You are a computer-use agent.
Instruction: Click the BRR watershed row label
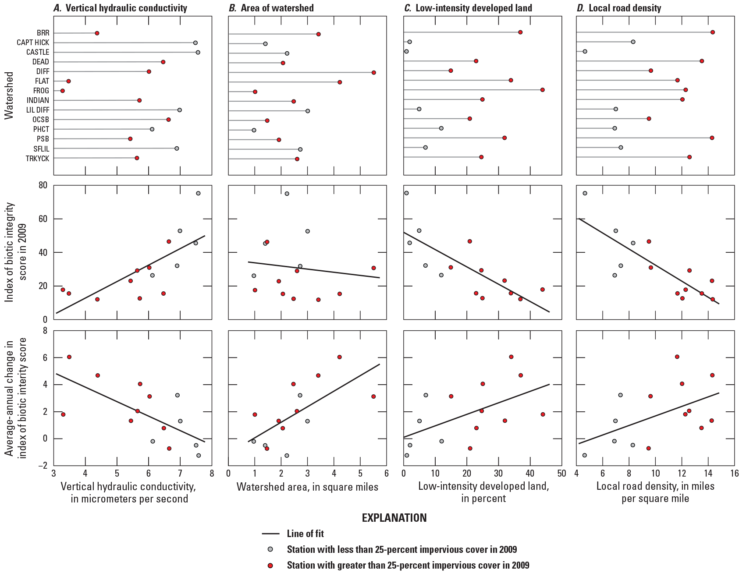(43, 33)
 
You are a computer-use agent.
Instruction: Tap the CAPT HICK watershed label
(33, 43)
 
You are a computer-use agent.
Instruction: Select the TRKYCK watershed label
(37, 159)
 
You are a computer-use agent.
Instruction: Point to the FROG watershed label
(41, 91)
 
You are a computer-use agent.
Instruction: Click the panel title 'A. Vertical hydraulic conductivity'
(120, 8)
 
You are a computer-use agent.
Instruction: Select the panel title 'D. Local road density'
(618, 8)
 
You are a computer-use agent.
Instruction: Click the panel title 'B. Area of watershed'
(271, 8)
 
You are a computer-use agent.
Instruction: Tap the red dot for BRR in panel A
(97, 33)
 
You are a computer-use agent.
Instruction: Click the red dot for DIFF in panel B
(373, 73)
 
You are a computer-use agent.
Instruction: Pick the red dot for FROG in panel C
(542, 90)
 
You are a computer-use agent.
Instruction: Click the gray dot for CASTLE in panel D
(585, 52)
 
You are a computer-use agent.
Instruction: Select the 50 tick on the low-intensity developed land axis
(561, 474)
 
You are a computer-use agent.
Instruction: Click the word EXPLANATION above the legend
(394, 518)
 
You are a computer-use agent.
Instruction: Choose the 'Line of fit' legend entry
(305, 534)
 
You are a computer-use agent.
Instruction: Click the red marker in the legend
(270, 566)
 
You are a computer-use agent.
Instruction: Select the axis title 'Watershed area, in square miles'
(307, 487)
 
